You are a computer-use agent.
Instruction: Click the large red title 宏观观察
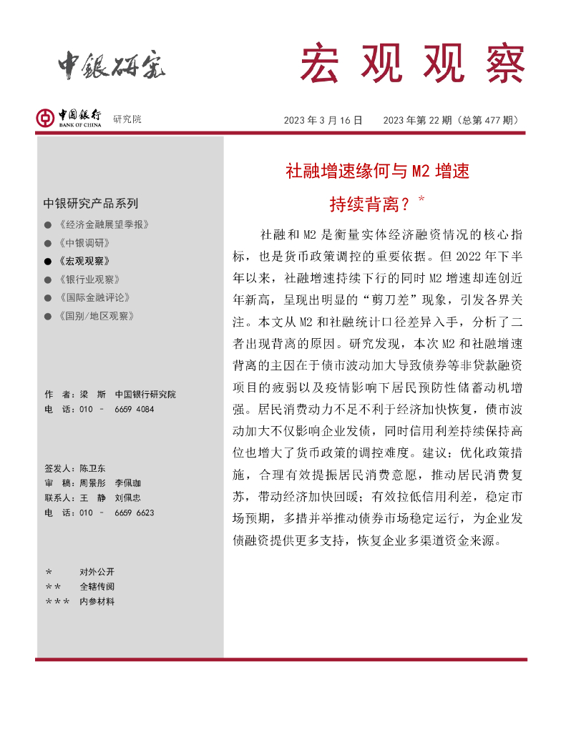[412, 63]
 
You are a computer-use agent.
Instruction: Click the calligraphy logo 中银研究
[111, 66]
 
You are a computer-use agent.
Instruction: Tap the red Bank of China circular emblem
[46, 118]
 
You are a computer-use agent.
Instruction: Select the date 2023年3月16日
[323, 120]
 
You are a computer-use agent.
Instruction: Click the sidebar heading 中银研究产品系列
[91, 203]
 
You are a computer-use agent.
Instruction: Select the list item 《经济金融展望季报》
[104, 224]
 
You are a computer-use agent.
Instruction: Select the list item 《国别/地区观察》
[97, 315]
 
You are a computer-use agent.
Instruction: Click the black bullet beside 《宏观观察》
[48, 262]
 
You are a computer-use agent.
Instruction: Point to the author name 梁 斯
[93, 395]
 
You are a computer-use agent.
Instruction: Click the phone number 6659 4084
[134, 409]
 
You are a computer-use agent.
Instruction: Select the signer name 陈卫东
[92, 469]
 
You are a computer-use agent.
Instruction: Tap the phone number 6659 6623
[134, 513]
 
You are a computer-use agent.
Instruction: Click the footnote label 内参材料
[97, 602]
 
